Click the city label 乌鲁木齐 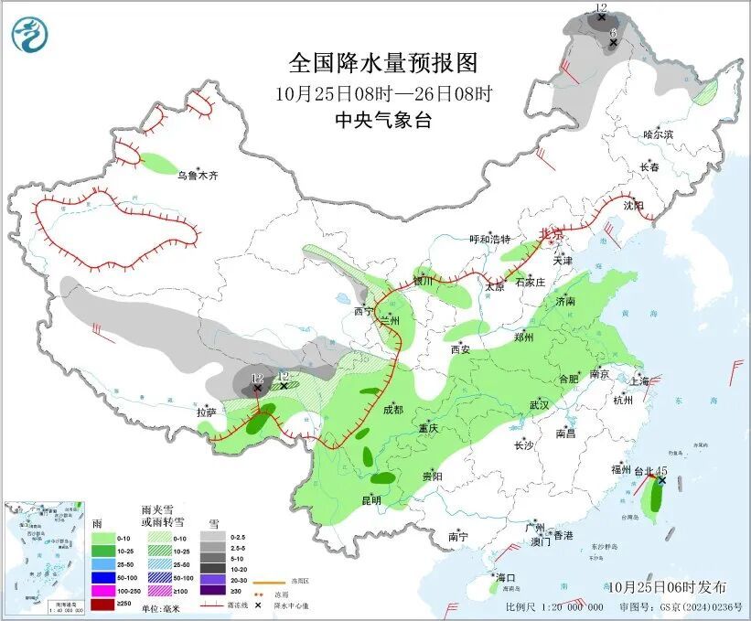198,175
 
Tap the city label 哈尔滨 657,134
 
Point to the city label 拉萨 206,412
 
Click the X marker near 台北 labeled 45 661,480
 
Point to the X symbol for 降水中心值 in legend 259,605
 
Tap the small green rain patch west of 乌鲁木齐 157,164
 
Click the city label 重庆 430,429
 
